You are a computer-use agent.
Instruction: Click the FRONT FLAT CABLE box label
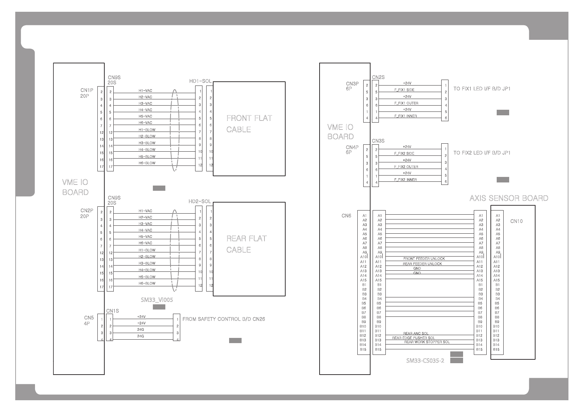[x=249, y=124]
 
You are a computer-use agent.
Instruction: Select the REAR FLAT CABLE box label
[x=246, y=244]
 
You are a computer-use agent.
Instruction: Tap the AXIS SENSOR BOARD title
[x=508, y=198]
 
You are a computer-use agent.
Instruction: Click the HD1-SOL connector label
[x=200, y=81]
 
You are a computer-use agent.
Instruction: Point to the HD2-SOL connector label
[x=199, y=201]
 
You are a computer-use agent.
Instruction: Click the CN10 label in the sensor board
[x=516, y=221]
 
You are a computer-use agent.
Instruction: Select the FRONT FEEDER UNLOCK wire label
[x=424, y=259]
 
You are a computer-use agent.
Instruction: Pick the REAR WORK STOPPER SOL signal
[x=427, y=342]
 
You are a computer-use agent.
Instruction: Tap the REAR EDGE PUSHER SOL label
[x=413, y=338]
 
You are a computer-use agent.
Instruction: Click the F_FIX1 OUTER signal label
[x=406, y=103]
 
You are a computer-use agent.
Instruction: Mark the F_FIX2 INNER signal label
[x=405, y=180]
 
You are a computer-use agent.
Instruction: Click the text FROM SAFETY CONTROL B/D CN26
[x=224, y=319]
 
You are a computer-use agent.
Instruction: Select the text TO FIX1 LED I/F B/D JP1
[x=482, y=89]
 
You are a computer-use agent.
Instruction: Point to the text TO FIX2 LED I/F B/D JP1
[x=482, y=153]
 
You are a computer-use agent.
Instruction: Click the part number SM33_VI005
[x=157, y=300]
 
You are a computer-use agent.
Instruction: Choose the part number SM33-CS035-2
[x=425, y=361]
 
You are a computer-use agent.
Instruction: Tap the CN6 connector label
[x=346, y=216]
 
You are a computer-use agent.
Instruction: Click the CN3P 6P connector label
[x=352, y=86]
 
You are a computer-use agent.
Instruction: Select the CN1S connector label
[x=112, y=311]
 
